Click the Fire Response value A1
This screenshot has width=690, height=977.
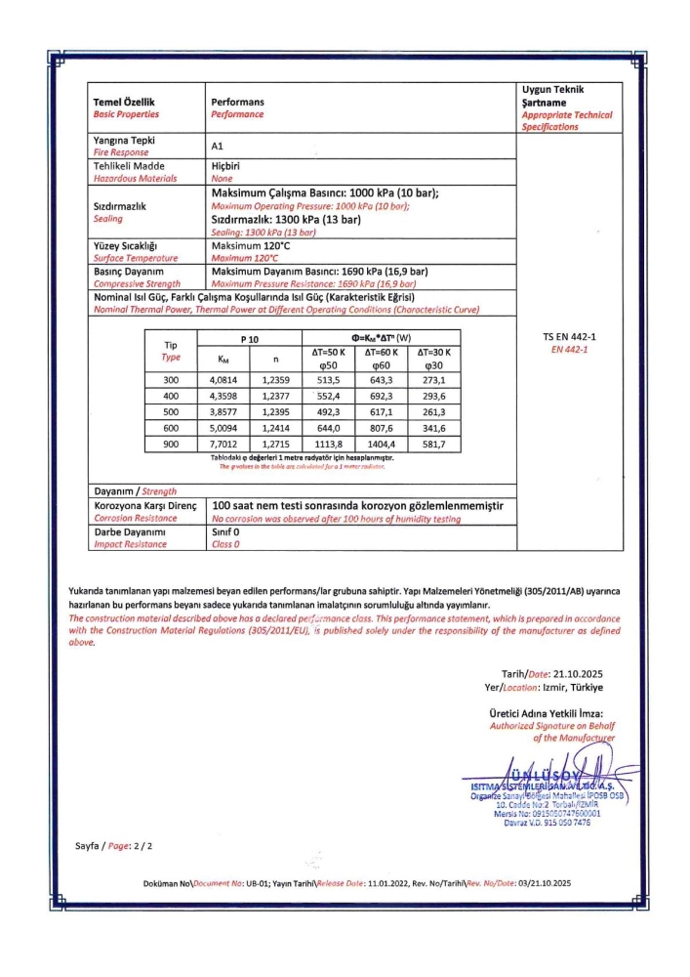coord(218,146)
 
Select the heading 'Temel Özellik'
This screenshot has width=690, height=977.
coord(124,103)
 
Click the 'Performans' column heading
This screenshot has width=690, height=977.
coord(237,103)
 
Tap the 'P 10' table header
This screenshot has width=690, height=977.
coord(250,338)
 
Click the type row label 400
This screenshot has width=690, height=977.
coord(171,396)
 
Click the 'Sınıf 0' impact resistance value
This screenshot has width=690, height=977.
coord(226,531)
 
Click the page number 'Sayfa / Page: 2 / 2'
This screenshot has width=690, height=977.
coord(114,844)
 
